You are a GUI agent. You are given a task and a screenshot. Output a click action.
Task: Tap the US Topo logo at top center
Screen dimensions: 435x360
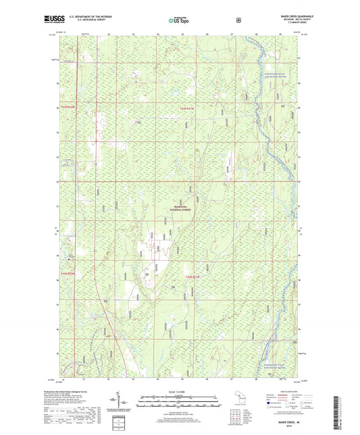click(x=179, y=20)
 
